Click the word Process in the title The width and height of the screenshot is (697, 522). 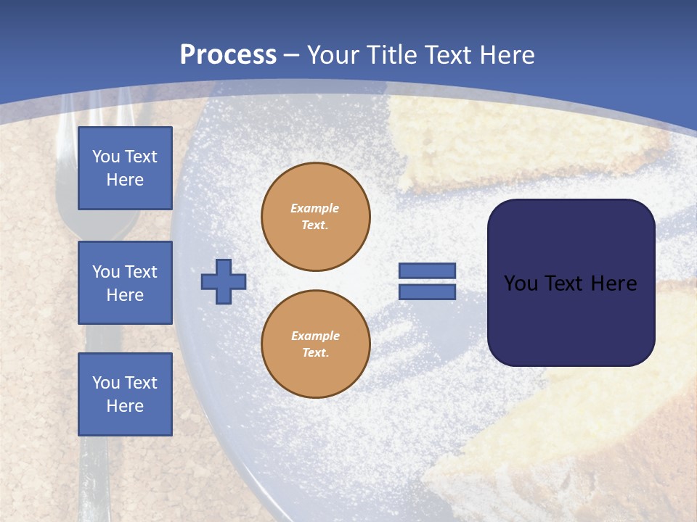[228, 55]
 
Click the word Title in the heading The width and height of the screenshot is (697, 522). [391, 55]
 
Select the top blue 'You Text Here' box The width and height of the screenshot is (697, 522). [125, 168]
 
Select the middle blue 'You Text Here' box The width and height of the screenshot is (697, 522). [125, 283]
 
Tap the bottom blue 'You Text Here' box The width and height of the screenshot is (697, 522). [125, 394]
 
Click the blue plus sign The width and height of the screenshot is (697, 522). [224, 281]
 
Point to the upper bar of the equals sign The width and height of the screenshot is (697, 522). [427, 270]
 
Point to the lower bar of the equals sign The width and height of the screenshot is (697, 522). [427, 291]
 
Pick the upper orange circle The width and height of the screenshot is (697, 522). [316, 217]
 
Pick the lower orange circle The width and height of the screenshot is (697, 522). [316, 344]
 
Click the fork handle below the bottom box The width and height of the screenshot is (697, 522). [94, 478]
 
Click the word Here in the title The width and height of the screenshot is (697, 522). [508, 55]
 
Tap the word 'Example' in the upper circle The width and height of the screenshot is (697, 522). [315, 208]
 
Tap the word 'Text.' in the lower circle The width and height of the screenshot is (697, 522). [315, 353]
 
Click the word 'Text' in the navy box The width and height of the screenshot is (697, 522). [573, 283]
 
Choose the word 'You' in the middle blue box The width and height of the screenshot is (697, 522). [105, 272]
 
